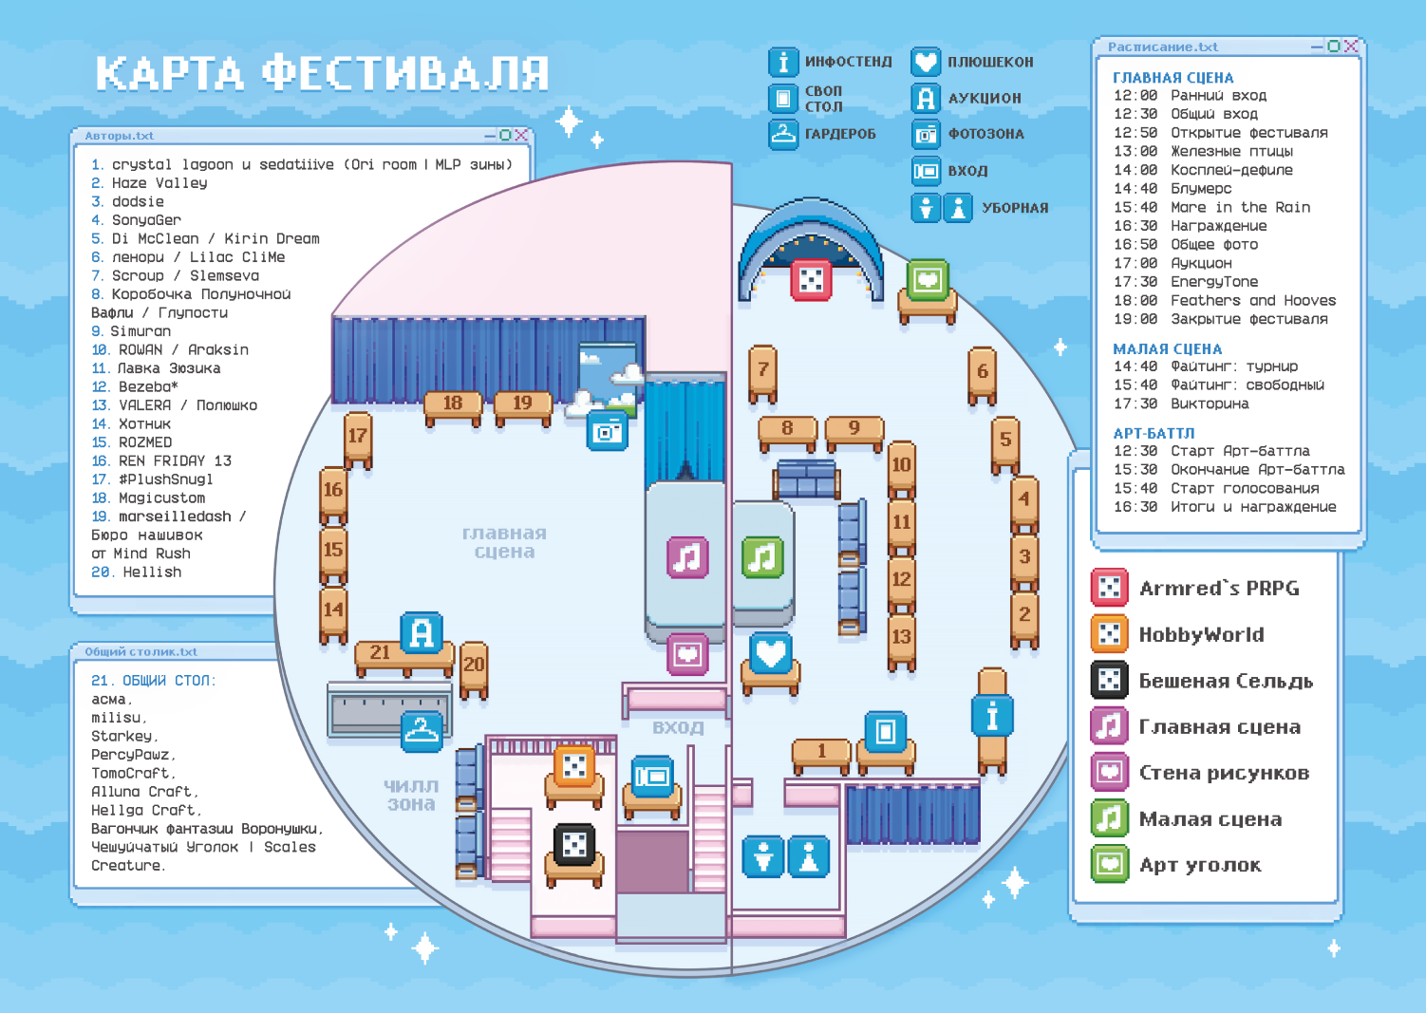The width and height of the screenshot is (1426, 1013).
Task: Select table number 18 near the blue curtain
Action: (453, 407)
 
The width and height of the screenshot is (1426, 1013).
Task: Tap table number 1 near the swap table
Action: (821, 755)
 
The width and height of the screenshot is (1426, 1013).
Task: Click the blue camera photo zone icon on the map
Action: (607, 431)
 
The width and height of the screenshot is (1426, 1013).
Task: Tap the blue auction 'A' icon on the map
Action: (422, 632)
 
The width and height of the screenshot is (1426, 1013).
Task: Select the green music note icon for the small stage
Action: (762, 557)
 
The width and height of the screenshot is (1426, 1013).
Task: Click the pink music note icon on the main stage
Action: (687, 557)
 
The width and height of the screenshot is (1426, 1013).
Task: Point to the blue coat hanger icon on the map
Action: (422, 731)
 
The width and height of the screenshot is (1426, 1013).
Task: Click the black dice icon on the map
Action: (574, 844)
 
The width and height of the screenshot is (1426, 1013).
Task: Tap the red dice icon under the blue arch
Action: (811, 279)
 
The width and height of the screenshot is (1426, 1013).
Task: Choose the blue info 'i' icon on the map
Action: (992, 716)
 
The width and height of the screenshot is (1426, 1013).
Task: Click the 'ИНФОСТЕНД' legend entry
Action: (830, 62)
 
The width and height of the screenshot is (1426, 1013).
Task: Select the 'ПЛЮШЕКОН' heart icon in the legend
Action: (926, 62)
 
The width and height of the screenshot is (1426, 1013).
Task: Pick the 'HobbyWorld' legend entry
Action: (1177, 634)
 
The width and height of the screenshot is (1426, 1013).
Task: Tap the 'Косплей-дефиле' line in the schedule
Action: (1203, 170)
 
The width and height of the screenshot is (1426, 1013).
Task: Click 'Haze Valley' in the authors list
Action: (159, 183)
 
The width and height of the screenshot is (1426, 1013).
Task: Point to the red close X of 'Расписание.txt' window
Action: (1351, 46)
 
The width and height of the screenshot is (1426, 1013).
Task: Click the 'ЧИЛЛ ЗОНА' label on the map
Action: (411, 796)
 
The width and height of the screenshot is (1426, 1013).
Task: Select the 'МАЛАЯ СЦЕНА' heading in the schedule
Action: (1168, 349)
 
